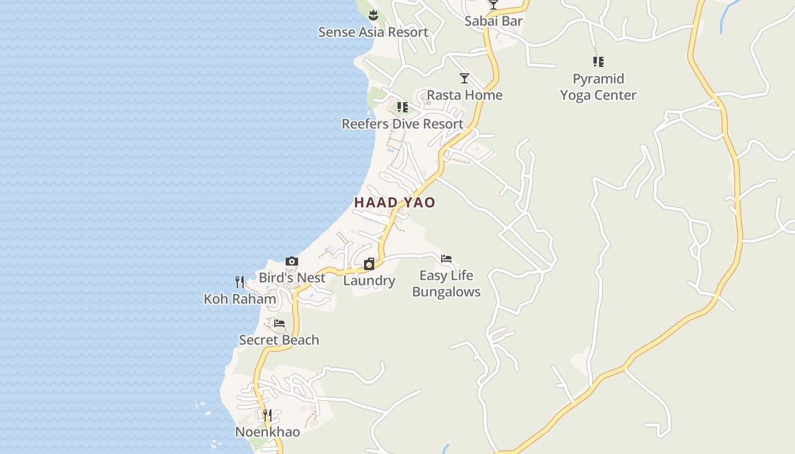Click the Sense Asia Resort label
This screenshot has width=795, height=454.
click(373, 32)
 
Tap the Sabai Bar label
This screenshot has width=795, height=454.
click(493, 22)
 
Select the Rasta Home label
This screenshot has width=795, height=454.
click(465, 95)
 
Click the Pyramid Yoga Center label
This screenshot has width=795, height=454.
click(598, 87)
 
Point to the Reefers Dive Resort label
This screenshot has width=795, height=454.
click(402, 124)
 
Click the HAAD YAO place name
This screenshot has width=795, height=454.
click(395, 203)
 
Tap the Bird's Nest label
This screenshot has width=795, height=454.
click(292, 278)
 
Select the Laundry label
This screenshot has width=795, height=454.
click(369, 280)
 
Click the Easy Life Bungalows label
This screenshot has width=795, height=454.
click(446, 284)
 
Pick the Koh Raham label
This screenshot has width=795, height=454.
click(240, 299)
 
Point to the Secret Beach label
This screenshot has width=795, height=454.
click(279, 340)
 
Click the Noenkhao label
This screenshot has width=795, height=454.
click(267, 432)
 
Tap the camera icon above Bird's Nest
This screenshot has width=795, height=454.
click(292, 262)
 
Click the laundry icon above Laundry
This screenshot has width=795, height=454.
click(369, 264)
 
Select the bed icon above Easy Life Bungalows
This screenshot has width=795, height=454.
click(446, 259)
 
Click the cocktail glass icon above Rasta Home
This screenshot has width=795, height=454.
click(465, 78)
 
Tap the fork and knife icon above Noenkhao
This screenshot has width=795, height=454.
click(267, 415)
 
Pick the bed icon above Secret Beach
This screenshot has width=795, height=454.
click(279, 323)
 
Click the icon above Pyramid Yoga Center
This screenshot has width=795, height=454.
click(598, 62)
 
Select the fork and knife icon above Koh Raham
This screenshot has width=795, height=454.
click(240, 282)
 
